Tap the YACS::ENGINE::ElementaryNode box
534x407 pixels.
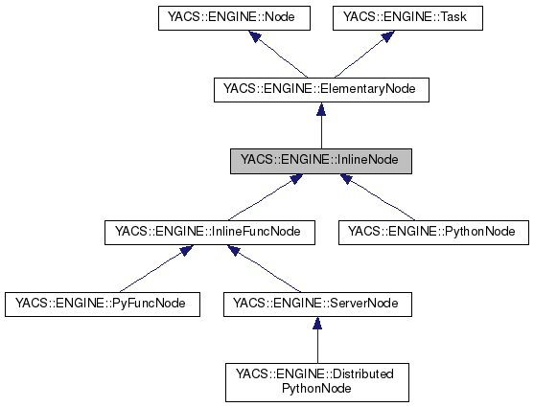(319, 90)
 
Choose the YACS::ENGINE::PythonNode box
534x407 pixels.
(432, 231)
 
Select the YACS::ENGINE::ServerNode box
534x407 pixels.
(317, 304)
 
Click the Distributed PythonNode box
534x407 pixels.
(317, 381)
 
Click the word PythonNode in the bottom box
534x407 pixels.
(317, 389)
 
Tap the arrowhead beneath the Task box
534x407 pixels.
(387, 36)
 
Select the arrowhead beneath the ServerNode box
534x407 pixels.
(317, 325)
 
